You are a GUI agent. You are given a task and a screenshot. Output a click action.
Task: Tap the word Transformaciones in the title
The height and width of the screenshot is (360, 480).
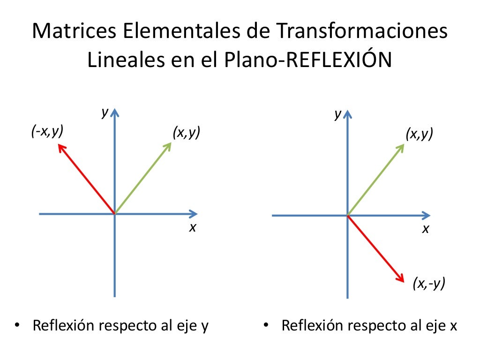click(x=361, y=33)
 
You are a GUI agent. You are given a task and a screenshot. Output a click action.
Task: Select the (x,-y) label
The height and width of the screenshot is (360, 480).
click(x=429, y=284)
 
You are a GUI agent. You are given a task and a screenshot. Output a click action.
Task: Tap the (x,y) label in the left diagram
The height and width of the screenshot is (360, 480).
click(x=186, y=133)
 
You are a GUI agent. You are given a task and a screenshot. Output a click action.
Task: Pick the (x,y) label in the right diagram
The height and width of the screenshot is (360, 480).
click(x=419, y=135)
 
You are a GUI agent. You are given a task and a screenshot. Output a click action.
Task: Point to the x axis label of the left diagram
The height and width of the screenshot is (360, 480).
click(x=192, y=228)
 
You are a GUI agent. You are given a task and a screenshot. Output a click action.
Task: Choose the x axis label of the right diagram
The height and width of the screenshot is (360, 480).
click(x=425, y=230)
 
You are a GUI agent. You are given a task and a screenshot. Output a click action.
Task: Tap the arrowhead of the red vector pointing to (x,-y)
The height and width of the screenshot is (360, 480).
click(x=400, y=277)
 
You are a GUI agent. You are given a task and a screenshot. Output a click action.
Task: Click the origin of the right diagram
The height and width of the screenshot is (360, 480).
click(x=347, y=215)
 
